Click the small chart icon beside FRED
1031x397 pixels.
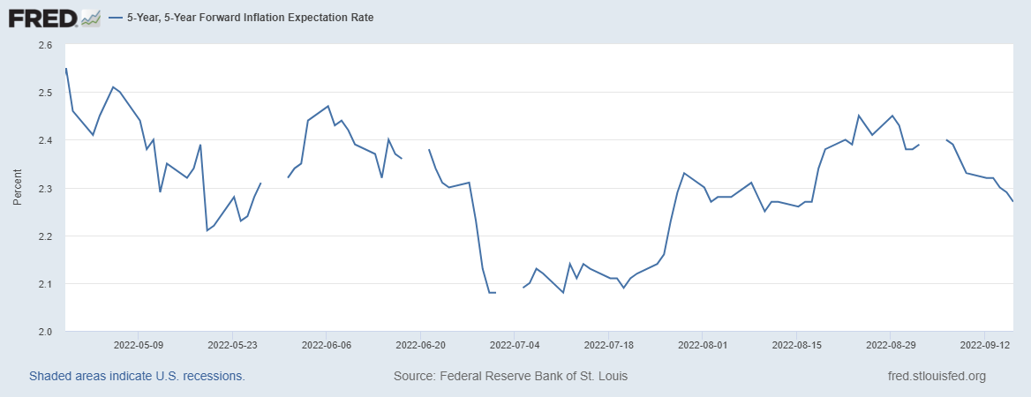90,17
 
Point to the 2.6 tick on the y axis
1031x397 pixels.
45,45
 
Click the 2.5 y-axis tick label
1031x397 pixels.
45,93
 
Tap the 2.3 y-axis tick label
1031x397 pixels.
45,189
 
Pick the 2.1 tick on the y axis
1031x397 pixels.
45,284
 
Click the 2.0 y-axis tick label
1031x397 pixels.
45,332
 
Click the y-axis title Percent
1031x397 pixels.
18,188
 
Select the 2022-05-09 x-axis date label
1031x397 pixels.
138,347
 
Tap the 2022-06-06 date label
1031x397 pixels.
326,347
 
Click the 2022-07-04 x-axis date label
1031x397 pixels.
515,347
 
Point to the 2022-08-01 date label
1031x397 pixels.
703,347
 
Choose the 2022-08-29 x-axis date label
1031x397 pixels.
891,347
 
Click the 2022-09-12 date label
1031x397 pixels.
985,347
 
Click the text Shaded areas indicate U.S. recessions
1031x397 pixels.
137,376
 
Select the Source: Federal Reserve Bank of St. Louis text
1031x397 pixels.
511,376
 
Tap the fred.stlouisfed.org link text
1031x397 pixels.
937,376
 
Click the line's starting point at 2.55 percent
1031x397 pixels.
66,69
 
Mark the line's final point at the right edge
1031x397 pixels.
1012,202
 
